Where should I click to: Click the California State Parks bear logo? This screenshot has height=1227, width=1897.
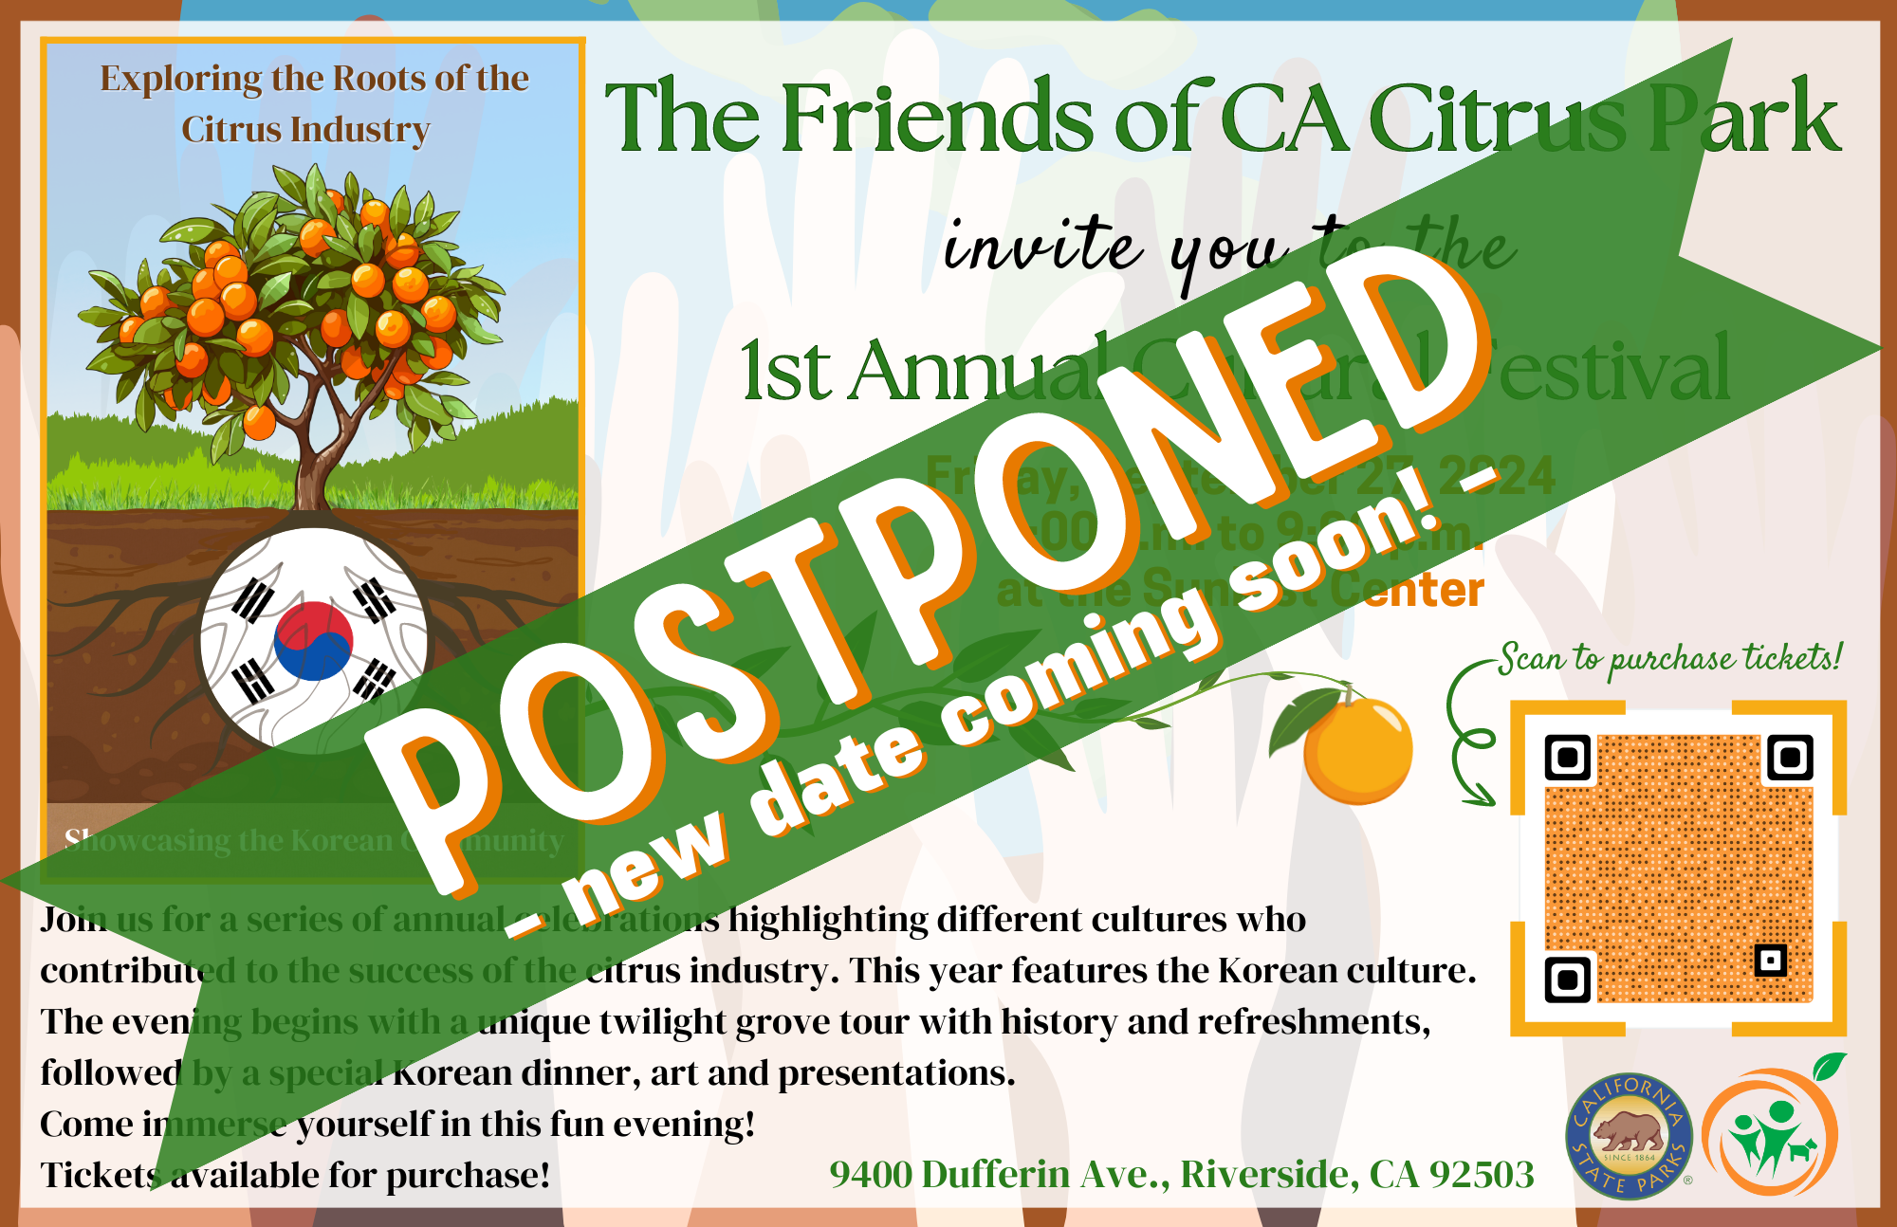(x=1628, y=1135)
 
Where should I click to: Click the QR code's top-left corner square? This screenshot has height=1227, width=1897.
(x=1568, y=758)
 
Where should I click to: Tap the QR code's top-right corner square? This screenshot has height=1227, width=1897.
(x=1790, y=758)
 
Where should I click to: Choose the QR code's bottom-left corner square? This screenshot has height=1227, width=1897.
(x=1568, y=980)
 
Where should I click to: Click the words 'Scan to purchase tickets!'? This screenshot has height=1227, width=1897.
(x=1670, y=659)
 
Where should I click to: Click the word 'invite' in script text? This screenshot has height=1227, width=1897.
(x=1043, y=245)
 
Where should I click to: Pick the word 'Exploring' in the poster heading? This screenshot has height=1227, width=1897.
(x=180, y=80)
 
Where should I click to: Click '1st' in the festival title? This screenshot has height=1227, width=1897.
(x=786, y=372)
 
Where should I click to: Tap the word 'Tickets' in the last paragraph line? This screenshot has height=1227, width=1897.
(x=100, y=1176)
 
